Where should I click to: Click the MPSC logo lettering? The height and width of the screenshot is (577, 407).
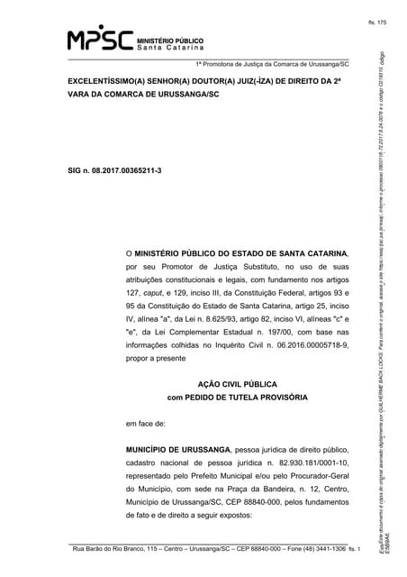point(100,39)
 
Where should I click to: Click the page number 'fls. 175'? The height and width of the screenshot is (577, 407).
point(375,21)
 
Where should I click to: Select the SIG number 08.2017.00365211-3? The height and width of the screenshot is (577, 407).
point(123,170)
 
